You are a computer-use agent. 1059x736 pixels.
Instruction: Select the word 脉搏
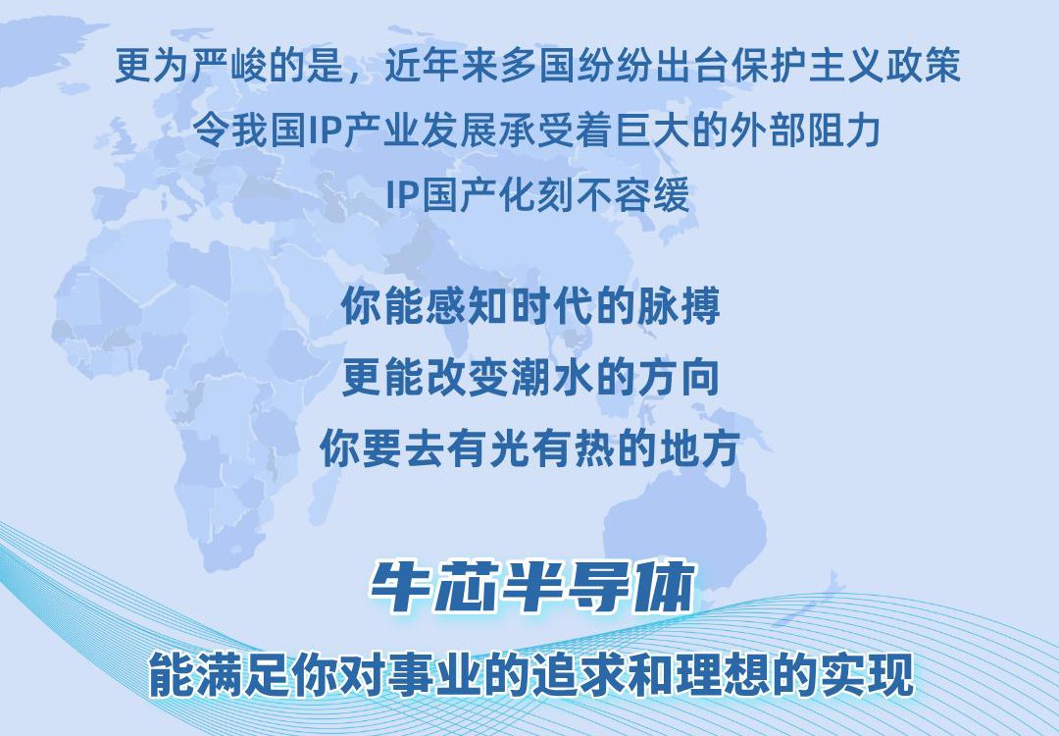pos(679,306)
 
